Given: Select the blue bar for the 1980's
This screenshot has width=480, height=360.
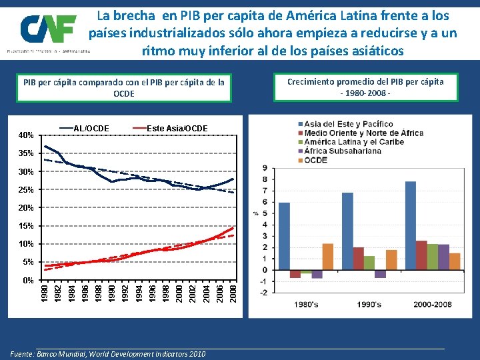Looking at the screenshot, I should (x=285, y=236).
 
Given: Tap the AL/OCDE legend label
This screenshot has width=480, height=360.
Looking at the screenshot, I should (x=91, y=127).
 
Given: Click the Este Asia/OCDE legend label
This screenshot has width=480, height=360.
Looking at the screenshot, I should (x=176, y=127).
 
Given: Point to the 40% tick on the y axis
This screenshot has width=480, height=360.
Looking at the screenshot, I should (x=27, y=135).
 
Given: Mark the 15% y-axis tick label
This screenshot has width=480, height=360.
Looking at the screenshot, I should (x=27, y=226).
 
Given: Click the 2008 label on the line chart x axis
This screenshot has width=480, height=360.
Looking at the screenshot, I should (x=233, y=292).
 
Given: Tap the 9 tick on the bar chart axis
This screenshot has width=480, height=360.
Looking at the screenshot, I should (x=265, y=168).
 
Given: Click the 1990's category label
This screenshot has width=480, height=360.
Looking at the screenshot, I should (x=368, y=305).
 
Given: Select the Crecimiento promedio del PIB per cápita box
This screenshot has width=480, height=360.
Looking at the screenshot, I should (x=365, y=87).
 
